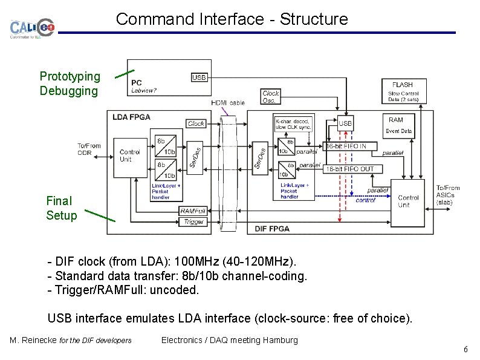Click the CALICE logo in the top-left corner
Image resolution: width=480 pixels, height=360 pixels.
(32, 28)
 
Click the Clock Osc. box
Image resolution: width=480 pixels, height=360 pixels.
(270, 97)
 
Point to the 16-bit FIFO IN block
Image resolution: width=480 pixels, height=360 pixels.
(349, 146)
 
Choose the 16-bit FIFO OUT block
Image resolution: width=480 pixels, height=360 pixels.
(349, 169)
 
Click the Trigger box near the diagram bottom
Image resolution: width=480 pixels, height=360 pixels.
(193, 222)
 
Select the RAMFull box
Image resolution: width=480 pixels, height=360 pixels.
(193, 211)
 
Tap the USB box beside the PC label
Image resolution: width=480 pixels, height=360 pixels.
(199, 77)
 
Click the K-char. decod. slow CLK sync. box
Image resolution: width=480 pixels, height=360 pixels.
(293, 123)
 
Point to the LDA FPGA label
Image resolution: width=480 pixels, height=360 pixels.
(132, 117)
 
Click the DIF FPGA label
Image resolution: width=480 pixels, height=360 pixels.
(273, 228)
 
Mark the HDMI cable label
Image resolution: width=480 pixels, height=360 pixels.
(228, 103)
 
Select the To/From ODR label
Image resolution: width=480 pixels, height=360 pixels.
(89, 149)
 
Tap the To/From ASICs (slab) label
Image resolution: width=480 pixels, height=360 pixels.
(448, 195)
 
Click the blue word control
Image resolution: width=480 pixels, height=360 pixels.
(365, 200)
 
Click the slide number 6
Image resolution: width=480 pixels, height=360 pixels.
(465, 350)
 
